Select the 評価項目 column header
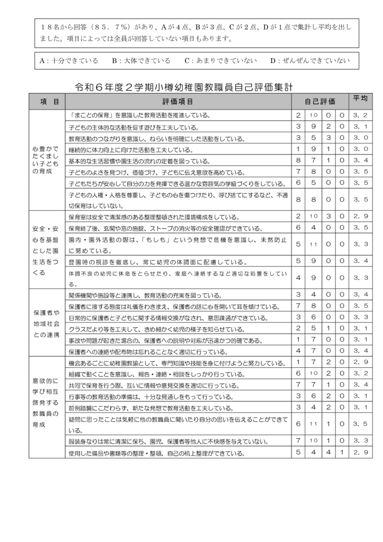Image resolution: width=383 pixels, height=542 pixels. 177,101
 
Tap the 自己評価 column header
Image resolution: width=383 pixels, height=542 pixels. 320,101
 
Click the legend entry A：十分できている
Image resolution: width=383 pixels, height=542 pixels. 69,60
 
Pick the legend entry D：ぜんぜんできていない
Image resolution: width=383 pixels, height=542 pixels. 309,60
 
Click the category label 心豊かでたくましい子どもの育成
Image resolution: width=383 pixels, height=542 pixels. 45,160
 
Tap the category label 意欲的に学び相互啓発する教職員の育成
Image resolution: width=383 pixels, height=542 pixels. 45,402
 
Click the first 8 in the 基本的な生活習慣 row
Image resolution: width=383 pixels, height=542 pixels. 298,160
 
